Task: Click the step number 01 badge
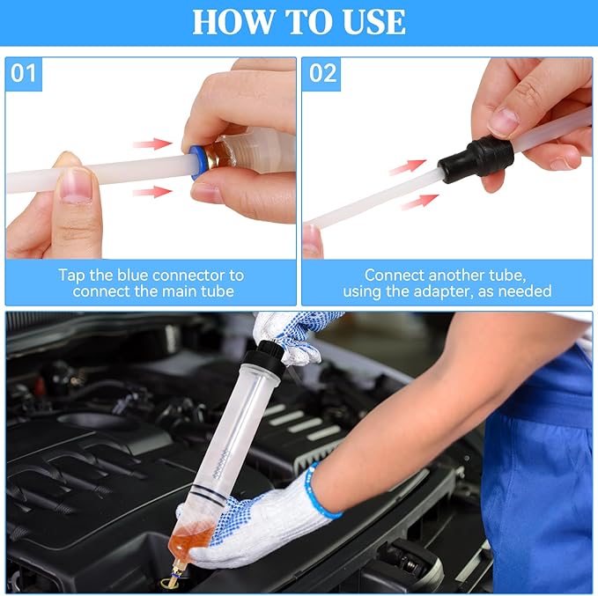pos(24,73)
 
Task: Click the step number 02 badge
pos(322,73)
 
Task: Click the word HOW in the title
pos(230,22)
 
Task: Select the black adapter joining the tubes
pos(476,158)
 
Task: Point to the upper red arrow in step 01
pos(152,143)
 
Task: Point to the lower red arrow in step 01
pos(152,191)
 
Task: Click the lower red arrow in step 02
pos(420,201)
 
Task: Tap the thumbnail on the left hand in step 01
pos(78,186)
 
